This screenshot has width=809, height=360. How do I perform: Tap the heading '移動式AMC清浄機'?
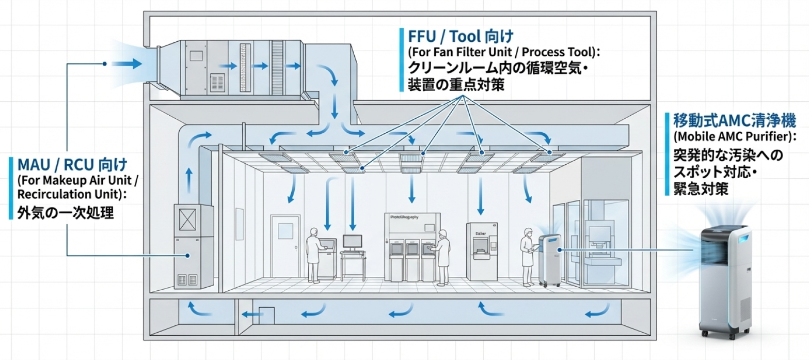click(x=734, y=122)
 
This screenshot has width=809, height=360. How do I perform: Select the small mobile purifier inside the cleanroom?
click(x=549, y=259)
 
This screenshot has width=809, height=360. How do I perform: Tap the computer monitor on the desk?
click(x=352, y=241)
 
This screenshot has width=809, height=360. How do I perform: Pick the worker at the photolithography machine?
click(x=442, y=257)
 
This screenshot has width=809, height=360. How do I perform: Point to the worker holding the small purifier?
click(x=527, y=254)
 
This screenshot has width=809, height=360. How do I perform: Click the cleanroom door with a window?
click(x=284, y=246)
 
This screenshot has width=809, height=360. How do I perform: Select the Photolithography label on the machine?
click(x=411, y=217)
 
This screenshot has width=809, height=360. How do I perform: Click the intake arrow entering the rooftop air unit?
click(x=126, y=64)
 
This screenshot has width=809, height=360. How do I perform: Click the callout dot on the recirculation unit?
click(x=189, y=255)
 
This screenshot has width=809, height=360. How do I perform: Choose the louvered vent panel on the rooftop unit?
click(x=217, y=82)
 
